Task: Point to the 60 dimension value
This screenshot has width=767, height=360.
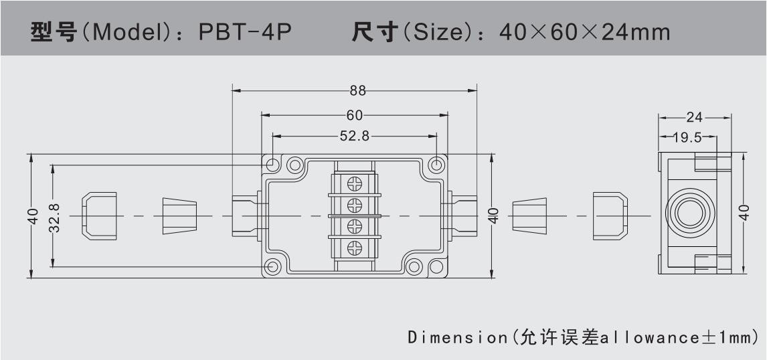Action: click(355, 115)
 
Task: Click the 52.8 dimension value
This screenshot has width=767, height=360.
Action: click(355, 136)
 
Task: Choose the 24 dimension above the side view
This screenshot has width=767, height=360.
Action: click(695, 118)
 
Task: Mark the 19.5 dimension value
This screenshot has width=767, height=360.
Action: click(687, 138)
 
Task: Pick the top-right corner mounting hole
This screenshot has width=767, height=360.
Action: click(437, 164)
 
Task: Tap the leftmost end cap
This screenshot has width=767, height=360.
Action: click(98, 215)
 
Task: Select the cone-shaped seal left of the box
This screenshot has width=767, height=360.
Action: click(180, 215)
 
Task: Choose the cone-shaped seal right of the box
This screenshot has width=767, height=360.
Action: click(530, 215)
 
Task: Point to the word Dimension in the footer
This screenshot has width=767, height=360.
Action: click(457, 337)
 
